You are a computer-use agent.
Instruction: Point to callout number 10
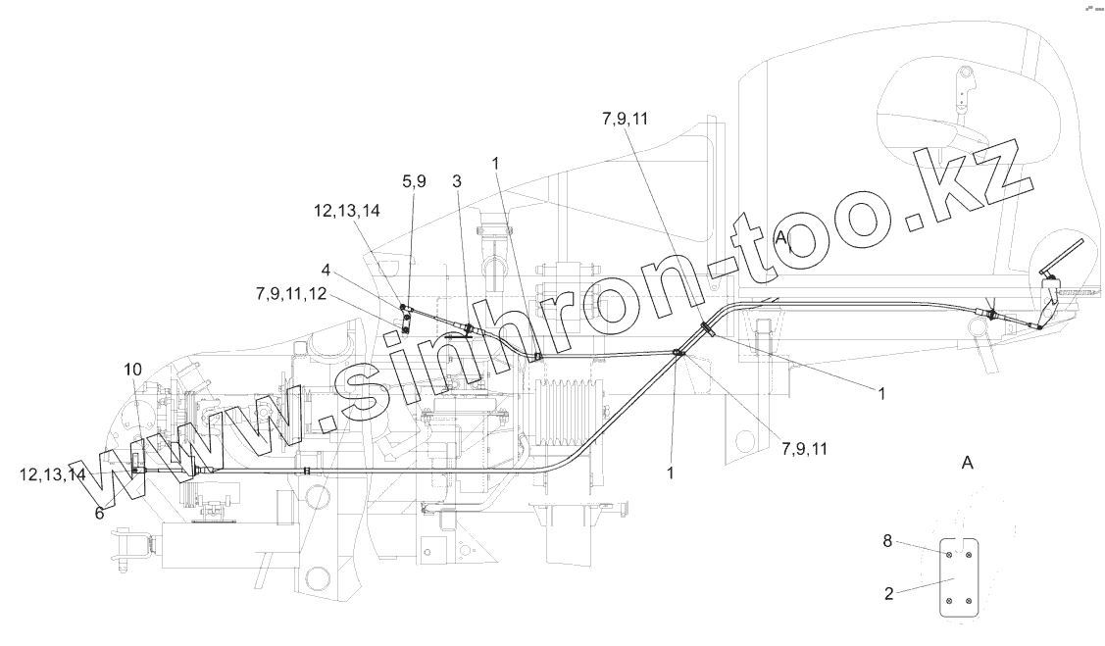pos(132,369)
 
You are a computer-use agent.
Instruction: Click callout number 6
pos(99,512)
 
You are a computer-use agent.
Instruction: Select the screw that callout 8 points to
pos(949,554)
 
